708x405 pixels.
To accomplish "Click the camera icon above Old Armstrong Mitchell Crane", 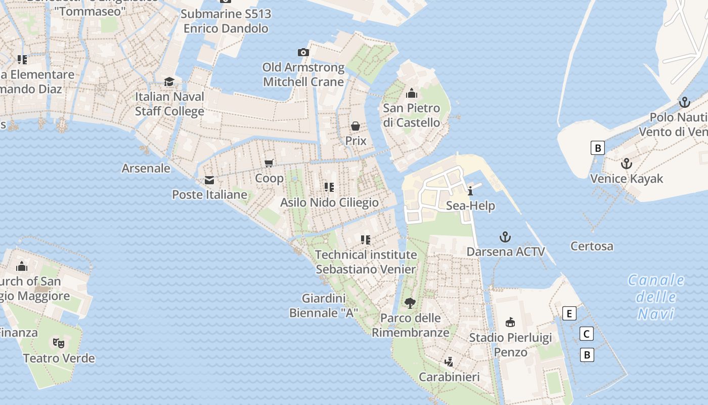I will [x=303, y=52].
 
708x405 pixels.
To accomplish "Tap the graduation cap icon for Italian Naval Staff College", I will [x=169, y=82].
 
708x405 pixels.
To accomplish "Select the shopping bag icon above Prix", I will [x=356, y=126].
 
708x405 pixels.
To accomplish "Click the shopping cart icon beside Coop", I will [x=269, y=163].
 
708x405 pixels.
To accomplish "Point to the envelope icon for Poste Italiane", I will [x=209, y=180].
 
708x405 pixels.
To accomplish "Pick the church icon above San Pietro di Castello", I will [x=412, y=93].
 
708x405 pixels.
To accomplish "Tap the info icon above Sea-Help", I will [x=470, y=191].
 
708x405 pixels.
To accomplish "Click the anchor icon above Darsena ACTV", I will [x=505, y=236].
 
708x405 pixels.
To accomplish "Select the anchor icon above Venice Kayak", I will [x=627, y=164].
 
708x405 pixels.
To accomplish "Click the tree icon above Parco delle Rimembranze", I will [x=410, y=303].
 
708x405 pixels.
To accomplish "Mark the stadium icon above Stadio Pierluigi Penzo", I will [x=510, y=322].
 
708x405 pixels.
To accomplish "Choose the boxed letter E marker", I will [x=569, y=313].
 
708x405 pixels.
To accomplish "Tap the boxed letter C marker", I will [x=586, y=334].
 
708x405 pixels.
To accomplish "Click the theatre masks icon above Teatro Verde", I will [x=59, y=343].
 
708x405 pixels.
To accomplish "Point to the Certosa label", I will [x=592, y=247].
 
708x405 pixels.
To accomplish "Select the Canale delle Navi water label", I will [x=656, y=297].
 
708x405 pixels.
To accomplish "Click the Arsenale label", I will [x=146, y=168].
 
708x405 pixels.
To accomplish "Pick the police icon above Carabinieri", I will [x=449, y=361].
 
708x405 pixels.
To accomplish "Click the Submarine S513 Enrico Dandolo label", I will [x=226, y=21].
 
